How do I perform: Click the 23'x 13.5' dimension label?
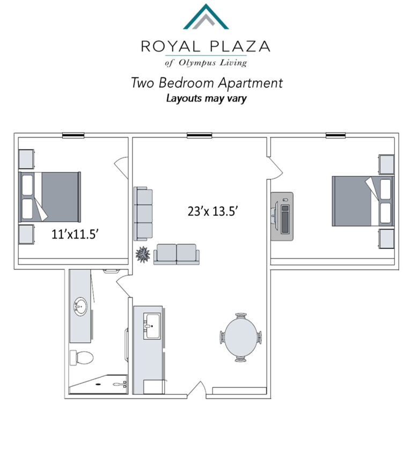pos(213,212)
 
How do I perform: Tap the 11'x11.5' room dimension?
pos(75,234)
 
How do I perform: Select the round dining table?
pos(241,337)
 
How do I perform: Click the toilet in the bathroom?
pos(82,358)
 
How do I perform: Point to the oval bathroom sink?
pos(80,307)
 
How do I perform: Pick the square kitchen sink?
pos(152,326)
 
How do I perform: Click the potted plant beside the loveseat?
pos(143,255)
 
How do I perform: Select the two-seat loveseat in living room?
pos(176,255)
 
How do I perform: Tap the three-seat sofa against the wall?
pos(143,214)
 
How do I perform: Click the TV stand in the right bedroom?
pos(282,216)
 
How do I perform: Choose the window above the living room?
pos(199,135)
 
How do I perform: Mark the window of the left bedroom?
pos(73,135)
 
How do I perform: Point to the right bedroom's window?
pos(336,135)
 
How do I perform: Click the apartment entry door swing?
pos(197,390)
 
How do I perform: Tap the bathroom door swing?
pos(124,285)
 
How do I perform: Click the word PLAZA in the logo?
pos(240,46)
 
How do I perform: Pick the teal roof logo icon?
pos(206,17)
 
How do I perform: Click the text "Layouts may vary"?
pos(207,98)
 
